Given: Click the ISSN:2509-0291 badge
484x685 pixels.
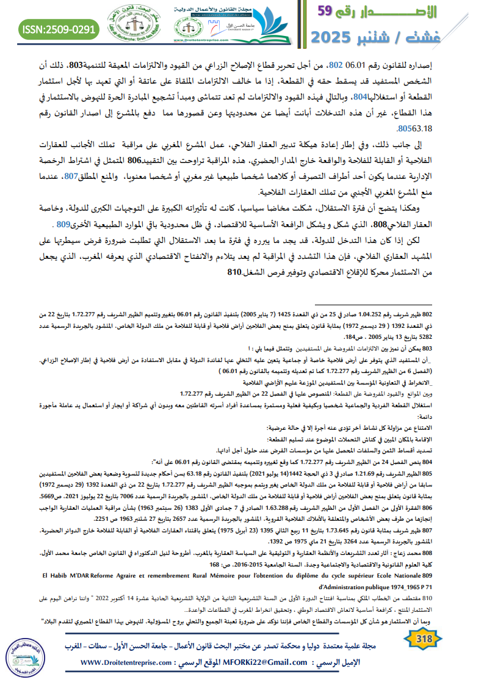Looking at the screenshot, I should point(59,28).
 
